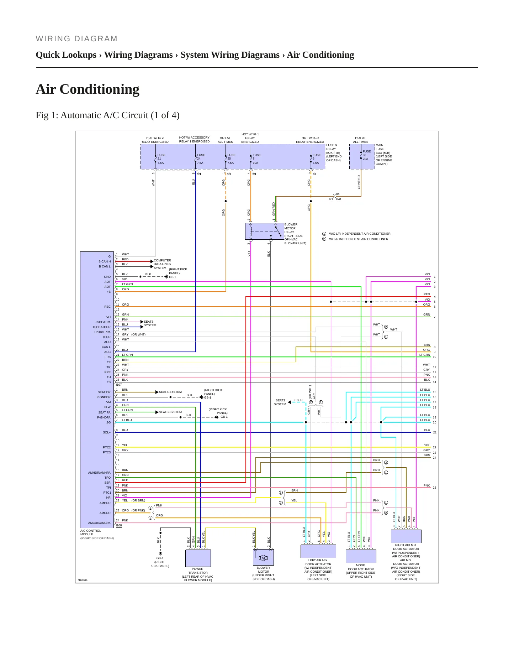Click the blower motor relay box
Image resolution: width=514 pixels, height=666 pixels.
click(264, 231)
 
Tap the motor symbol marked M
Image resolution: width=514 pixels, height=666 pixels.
click(263, 558)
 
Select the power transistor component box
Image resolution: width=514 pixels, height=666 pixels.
click(198, 558)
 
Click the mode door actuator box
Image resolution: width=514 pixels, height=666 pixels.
click(361, 556)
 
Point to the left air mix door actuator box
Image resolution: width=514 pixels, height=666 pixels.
click(318, 551)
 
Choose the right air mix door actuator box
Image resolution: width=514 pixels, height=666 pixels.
click(406, 536)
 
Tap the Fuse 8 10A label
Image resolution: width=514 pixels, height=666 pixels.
click(256, 159)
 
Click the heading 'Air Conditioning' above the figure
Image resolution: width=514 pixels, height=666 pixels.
click(88, 89)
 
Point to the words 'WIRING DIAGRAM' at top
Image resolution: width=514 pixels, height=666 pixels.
click(76, 39)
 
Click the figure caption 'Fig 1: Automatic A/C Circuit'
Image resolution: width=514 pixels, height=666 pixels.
click(107, 115)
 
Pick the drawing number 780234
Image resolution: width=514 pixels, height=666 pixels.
click(83, 580)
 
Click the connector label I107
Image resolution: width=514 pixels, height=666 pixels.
click(119, 385)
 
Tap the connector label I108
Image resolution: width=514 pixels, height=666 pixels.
click(119, 525)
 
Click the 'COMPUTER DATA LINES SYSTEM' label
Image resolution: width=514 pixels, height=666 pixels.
click(162, 264)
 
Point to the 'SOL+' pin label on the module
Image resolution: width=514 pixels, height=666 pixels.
click(107, 432)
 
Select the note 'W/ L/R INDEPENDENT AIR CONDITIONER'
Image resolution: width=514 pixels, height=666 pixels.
click(359, 239)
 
